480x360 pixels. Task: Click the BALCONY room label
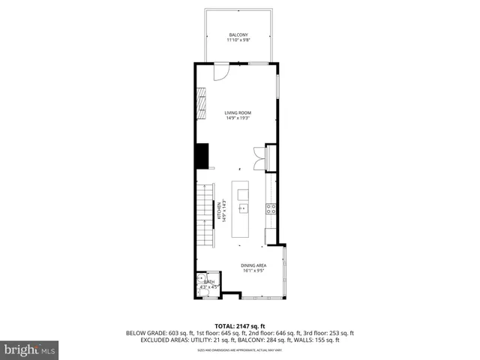[x=238, y=34]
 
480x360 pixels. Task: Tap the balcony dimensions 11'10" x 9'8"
[x=238, y=40]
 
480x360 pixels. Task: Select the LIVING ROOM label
[x=238, y=112]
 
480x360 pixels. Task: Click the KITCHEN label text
[x=219, y=211]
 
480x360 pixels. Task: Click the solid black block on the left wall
[x=202, y=155]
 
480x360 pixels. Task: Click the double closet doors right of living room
[x=259, y=157]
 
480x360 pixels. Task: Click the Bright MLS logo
[x=30, y=349]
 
